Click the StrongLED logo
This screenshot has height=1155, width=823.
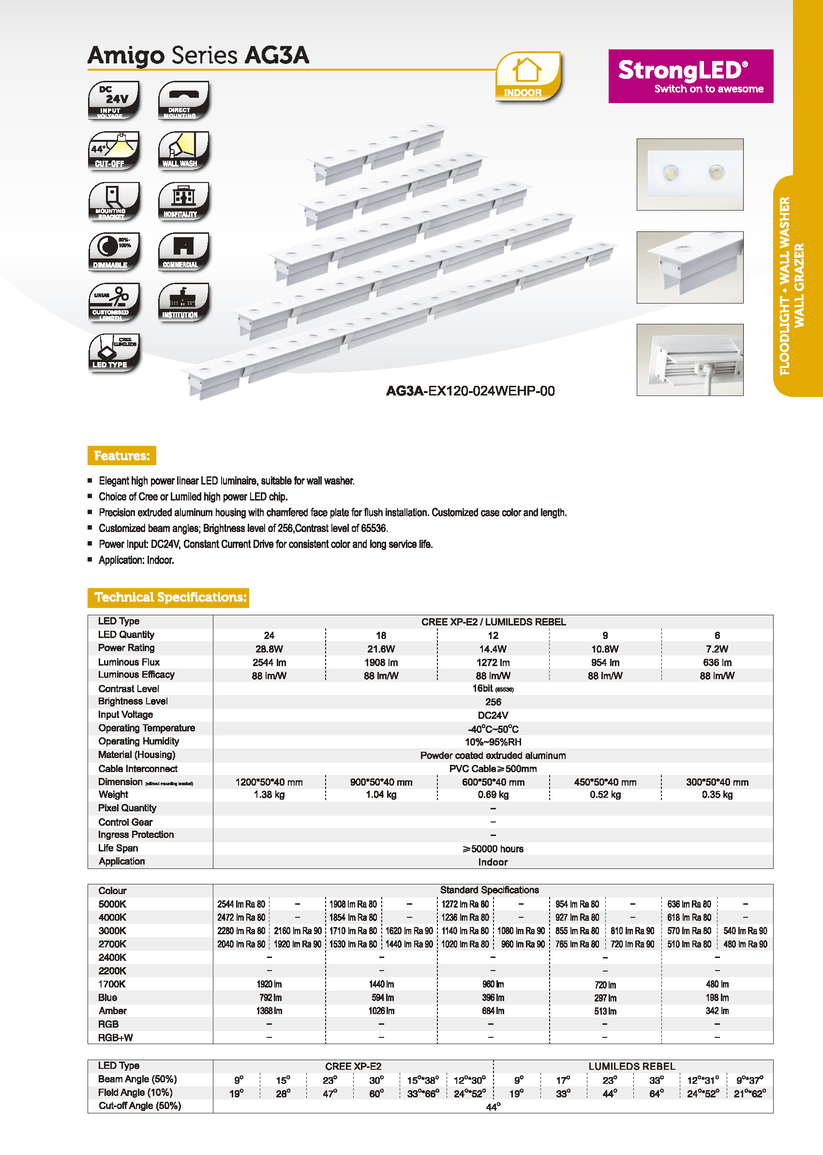pos(690,76)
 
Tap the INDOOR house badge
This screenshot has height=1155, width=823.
pos(527,76)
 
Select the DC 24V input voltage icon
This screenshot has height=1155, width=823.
pos(114,100)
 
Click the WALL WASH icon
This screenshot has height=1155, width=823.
pos(183,151)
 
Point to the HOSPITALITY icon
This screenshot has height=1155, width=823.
pos(183,201)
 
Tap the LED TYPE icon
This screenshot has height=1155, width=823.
pos(114,353)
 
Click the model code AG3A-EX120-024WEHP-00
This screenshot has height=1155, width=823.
pos(470,391)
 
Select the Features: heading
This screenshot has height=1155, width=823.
pos(121,456)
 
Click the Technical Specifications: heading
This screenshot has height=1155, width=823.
pos(168,597)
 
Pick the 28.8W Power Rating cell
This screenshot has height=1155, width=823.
pos(269,649)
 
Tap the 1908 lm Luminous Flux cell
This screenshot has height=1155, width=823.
pos(381,662)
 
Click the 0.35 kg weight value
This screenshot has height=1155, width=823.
pos(717,794)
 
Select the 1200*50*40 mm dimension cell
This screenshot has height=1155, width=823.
pos(269,782)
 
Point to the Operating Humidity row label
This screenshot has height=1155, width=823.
pos(139,741)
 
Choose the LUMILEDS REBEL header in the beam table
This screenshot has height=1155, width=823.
pos(631,1066)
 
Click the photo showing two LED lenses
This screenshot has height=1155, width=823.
pos(690,174)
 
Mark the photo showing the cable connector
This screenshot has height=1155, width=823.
pos(690,360)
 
